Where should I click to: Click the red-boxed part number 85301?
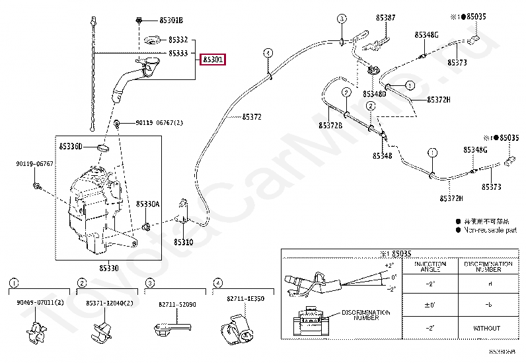(213, 60)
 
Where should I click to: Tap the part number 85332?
(178, 40)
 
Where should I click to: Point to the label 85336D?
(71, 146)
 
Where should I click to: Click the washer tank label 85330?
(109, 268)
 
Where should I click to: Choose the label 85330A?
(148, 204)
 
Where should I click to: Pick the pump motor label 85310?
(184, 242)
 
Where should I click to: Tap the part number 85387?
(386, 18)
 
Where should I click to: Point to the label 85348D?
(374, 95)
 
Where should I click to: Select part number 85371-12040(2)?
(109, 303)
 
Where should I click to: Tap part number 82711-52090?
(177, 304)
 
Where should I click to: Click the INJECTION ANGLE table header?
(430, 267)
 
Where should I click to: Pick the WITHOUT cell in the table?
(488, 327)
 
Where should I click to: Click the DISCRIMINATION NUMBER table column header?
(488, 267)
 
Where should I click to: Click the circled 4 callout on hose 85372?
(268, 52)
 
